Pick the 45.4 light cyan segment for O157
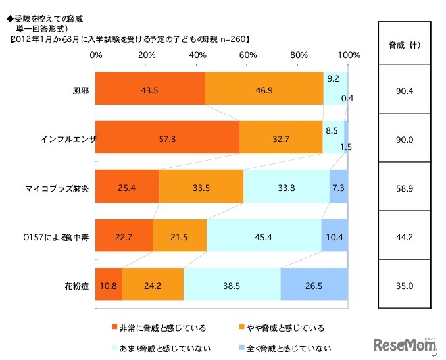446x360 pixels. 264,235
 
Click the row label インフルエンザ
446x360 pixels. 68,140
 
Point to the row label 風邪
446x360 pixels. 82,90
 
